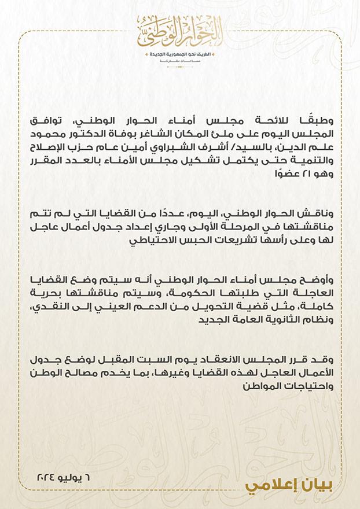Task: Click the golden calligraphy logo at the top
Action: click(179, 31)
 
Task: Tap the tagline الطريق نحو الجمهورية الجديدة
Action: click(179, 54)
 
